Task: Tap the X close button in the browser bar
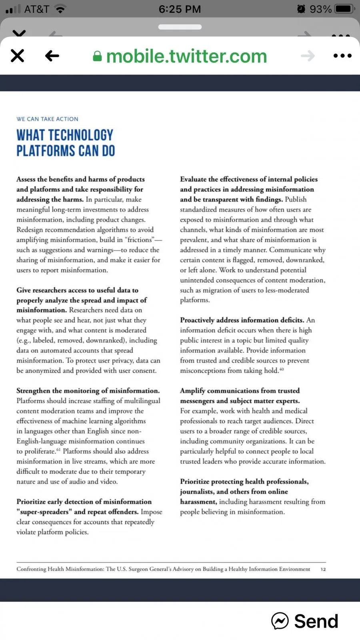(18, 56)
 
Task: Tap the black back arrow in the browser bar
(52, 56)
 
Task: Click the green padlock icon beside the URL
(97, 56)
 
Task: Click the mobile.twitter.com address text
(186, 56)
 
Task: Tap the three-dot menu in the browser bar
(342, 56)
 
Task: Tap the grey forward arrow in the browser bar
(308, 56)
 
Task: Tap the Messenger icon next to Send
(280, 621)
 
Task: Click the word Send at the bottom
(316, 621)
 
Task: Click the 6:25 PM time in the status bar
(180, 9)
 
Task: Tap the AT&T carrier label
(37, 9)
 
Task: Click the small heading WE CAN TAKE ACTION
(47, 119)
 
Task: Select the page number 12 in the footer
(323, 569)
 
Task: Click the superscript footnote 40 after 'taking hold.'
(282, 369)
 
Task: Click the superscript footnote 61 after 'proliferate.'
(58, 450)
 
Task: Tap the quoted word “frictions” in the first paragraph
(139, 240)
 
